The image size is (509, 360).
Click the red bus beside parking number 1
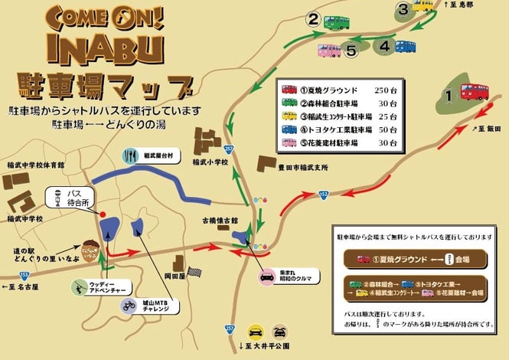(474, 92)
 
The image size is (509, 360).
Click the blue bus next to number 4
(405, 46)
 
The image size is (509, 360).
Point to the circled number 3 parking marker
(403, 9)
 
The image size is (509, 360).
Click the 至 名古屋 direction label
(24, 286)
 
